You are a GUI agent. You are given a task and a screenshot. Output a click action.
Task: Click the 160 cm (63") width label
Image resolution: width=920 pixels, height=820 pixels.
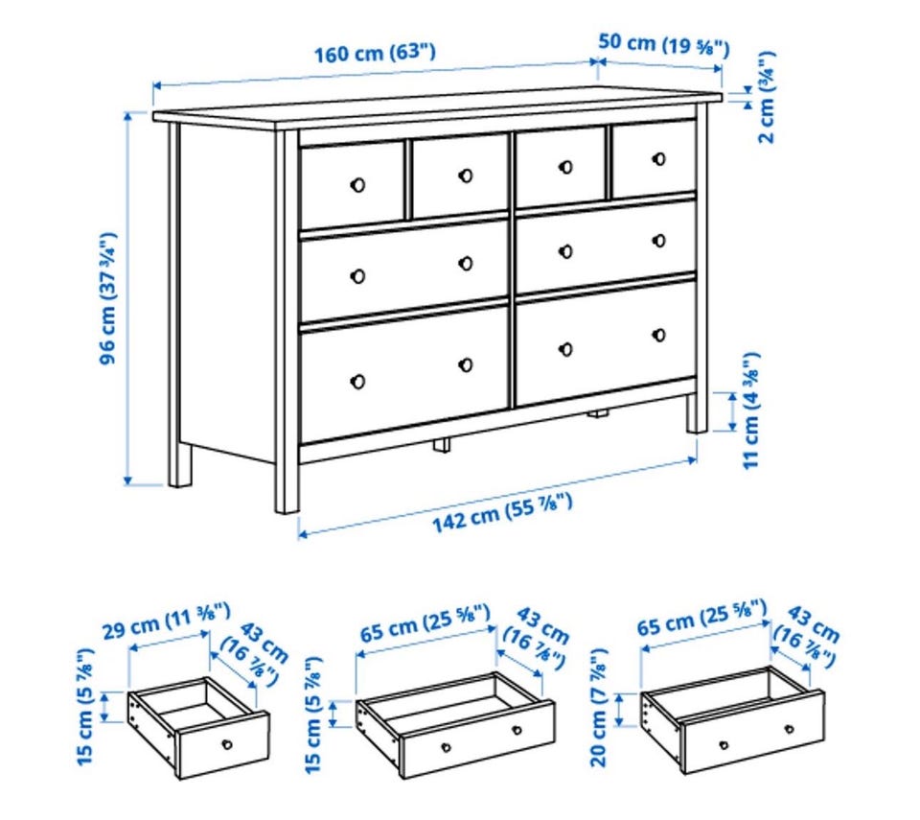click(x=375, y=53)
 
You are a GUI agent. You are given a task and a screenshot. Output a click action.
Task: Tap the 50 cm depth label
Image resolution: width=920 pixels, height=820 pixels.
click(x=664, y=44)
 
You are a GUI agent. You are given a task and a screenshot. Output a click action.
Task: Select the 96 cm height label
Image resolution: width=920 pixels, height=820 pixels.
click(x=108, y=298)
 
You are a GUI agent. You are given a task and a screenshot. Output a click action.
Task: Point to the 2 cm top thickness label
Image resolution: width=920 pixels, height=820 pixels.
click(x=767, y=97)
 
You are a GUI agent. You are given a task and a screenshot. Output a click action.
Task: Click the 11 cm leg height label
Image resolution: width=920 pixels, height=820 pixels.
click(x=751, y=410)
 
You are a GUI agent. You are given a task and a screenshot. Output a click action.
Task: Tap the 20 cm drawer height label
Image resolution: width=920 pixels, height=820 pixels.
click(x=598, y=707)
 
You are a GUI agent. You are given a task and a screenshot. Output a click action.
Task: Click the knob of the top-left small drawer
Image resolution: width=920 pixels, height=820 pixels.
click(x=357, y=185)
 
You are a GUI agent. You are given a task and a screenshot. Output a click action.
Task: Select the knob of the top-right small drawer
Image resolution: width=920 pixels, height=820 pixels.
click(x=659, y=159)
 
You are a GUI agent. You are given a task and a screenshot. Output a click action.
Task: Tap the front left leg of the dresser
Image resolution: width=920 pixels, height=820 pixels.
click(x=287, y=321)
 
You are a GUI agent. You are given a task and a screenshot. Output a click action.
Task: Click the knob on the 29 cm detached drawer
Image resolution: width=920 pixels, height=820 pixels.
click(x=226, y=745)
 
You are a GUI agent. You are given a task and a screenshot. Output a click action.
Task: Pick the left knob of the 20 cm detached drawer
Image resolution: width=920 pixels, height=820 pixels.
click(x=724, y=746)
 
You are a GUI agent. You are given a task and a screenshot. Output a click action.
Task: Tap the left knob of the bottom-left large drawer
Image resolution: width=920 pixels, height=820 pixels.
click(x=357, y=382)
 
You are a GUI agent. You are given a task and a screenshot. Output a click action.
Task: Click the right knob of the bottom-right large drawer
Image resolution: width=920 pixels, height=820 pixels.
click(x=659, y=335)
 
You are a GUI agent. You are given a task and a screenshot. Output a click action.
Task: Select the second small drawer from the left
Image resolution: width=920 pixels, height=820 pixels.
click(x=459, y=176)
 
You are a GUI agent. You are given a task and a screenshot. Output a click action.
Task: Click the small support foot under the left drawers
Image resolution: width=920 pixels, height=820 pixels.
click(x=442, y=445)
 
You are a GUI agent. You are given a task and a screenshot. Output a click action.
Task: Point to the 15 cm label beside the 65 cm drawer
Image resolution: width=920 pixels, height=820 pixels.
click(x=314, y=715)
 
